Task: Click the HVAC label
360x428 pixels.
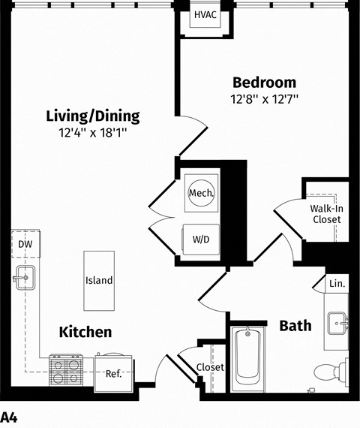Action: click(x=205, y=15)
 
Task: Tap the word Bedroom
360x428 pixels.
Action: click(x=264, y=83)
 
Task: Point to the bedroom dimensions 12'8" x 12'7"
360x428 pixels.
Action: click(x=264, y=99)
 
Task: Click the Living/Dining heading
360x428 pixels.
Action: click(x=93, y=116)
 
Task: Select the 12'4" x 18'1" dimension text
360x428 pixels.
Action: click(x=93, y=133)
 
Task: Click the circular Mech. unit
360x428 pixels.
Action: click(x=202, y=193)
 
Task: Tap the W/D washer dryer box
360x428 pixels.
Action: click(x=201, y=240)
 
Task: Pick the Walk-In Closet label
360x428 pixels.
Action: click(x=326, y=214)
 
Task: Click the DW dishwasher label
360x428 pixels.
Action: click(x=25, y=244)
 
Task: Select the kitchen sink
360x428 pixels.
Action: click(x=25, y=278)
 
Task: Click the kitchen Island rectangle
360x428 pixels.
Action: click(x=99, y=281)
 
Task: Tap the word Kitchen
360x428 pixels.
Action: click(x=85, y=332)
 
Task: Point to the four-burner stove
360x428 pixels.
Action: click(x=66, y=370)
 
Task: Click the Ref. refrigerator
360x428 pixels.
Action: click(x=114, y=372)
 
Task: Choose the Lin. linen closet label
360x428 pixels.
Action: click(x=337, y=284)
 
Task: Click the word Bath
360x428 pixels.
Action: click(x=295, y=326)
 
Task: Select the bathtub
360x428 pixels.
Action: click(x=247, y=358)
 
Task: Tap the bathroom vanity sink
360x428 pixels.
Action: click(x=338, y=323)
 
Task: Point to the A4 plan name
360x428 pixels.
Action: click(x=9, y=418)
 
